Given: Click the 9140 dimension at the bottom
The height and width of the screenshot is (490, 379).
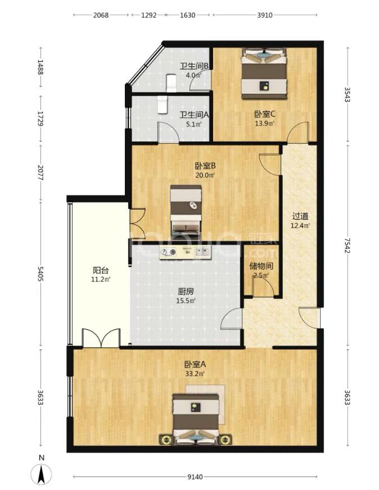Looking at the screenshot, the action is (195, 477).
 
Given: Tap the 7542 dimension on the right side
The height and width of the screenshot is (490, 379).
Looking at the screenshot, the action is (347, 246).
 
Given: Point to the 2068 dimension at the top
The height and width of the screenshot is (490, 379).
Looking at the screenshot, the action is (101, 15).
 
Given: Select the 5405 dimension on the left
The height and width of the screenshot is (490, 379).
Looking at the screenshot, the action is (40, 274).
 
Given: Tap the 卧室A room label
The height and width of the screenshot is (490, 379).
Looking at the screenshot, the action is (195, 364).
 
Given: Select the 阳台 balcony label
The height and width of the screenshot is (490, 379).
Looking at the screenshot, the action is (101, 270).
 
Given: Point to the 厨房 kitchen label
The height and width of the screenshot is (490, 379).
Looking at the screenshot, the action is (186, 292).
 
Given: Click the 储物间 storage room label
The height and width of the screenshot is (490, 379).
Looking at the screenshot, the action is (261, 266).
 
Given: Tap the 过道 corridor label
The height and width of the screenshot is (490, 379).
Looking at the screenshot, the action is (300, 216).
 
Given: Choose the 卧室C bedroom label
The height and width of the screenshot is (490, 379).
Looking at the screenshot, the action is (265, 114).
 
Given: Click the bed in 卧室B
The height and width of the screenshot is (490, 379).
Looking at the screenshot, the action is (186, 210).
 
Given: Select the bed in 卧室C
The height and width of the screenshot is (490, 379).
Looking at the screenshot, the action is (264, 74).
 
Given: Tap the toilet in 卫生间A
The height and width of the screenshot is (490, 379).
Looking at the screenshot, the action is (163, 105).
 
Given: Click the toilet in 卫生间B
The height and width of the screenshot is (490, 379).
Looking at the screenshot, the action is (171, 83).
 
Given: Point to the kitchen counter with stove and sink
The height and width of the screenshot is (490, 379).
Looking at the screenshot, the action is (186, 252).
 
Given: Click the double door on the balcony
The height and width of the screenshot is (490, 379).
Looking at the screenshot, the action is (101, 338).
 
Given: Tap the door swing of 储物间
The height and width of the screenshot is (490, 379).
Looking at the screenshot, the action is (263, 287).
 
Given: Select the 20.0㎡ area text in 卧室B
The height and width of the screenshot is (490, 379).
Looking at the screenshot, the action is (205, 175).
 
